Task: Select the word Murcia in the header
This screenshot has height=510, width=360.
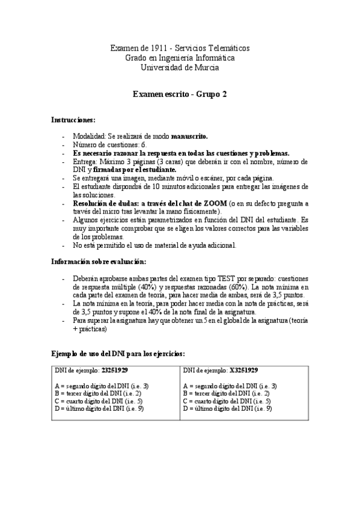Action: coord(207,67)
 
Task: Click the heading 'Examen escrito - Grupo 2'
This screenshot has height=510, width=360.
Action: coord(179,94)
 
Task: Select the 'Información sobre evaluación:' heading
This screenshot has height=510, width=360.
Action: coord(97,262)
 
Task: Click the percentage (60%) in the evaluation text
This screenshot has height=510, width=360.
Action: coord(236,287)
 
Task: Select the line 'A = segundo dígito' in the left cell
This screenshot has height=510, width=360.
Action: coord(102,386)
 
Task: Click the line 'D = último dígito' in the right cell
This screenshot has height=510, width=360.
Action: coord(227,408)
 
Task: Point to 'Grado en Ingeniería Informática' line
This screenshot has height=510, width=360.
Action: coord(179,58)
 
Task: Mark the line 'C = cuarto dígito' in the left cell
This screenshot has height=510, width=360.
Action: coord(99,401)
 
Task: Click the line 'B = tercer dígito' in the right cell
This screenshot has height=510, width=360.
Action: coord(226,393)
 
